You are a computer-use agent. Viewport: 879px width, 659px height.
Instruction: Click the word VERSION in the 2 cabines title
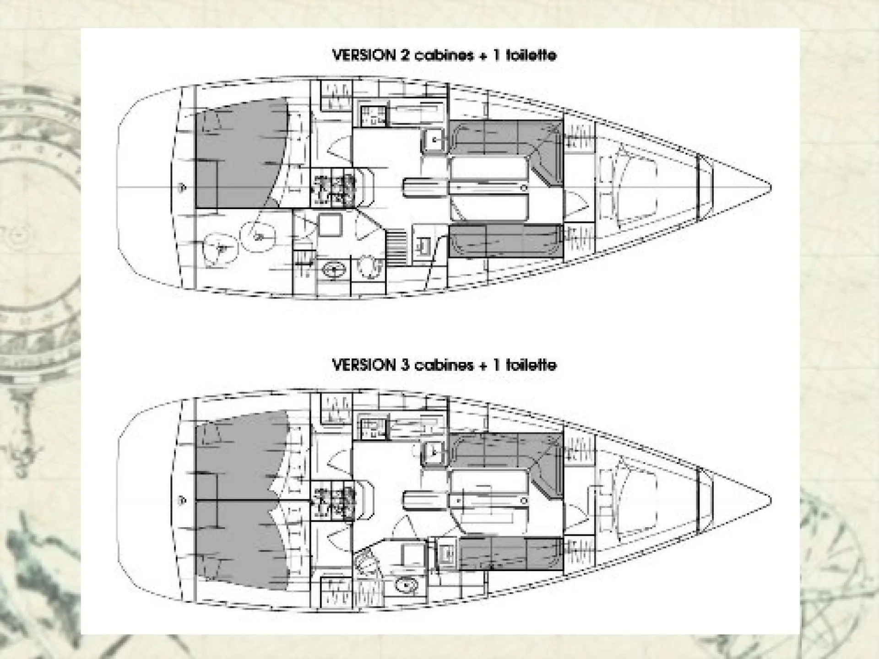click(364, 55)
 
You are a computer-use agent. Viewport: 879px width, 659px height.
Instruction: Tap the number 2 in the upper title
click(406, 55)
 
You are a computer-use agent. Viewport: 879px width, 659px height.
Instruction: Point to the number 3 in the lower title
click(406, 365)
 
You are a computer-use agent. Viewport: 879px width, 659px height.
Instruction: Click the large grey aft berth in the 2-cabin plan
click(238, 153)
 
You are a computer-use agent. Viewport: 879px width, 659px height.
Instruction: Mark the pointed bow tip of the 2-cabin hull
click(771, 187)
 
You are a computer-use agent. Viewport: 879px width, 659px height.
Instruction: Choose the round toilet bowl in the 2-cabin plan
click(369, 267)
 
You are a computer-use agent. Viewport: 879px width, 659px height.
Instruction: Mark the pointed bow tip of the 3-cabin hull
click(771, 499)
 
